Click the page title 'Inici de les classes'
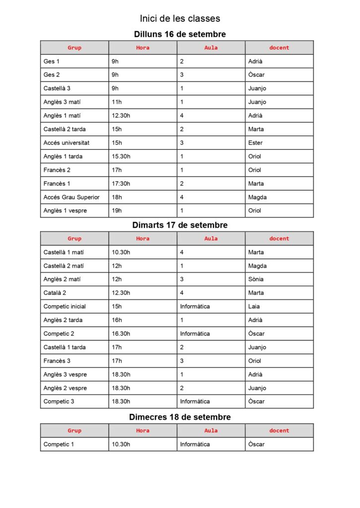point(180,19)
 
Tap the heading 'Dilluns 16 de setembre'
point(180,34)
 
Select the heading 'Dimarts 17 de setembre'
point(180,225)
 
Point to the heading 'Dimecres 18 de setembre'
point(180,417)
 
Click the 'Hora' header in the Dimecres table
point(143,431)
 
